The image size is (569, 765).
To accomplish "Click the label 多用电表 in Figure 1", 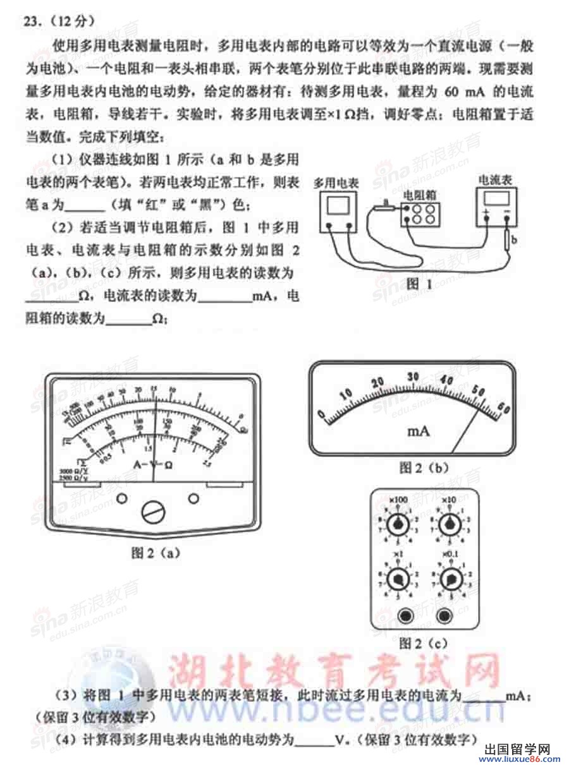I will point(336,183).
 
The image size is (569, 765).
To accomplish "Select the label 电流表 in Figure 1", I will point(496,179).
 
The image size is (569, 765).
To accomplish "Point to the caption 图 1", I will point(419,284).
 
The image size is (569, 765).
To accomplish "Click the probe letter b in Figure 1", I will point(515,239).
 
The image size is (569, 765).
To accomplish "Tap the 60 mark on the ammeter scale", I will point(503,407).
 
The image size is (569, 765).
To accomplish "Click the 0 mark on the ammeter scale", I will point(321,414).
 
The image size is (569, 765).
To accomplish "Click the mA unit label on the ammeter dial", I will point(418,431).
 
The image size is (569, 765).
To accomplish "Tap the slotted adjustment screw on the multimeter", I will point(152,512).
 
